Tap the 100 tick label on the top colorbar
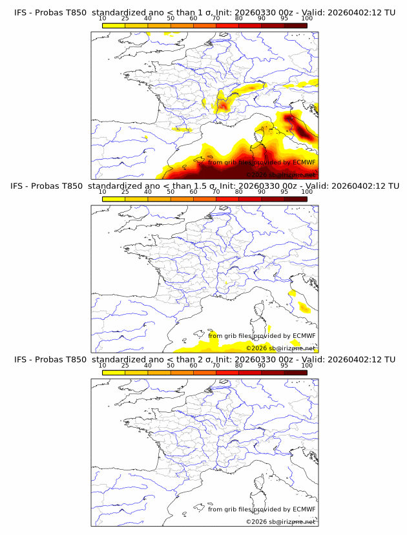(306, 19)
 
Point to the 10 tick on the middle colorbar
(103, 192)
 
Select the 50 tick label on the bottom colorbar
(171, 365)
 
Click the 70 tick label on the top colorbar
(216, 19)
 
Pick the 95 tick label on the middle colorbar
(284, 192)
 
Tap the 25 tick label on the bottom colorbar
(125, 365)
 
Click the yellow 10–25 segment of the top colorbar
(114, 25)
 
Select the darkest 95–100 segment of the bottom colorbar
(295, 372)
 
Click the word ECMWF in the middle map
(304, 336)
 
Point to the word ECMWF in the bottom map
(304, 509)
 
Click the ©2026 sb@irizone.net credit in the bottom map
(280, 521)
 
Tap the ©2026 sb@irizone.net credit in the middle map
(280, 348)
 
